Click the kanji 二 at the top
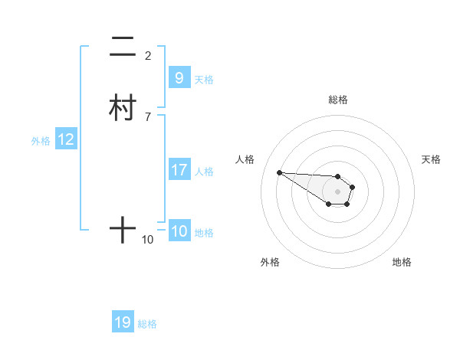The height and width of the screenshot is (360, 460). click(123, 47)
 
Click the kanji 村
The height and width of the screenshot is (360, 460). click(123, 107)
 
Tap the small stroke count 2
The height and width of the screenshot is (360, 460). click(148, 55)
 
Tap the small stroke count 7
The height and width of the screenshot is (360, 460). click(148, 116)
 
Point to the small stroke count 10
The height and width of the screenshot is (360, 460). click(148, 240)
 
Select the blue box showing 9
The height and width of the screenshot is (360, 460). click(179, 77)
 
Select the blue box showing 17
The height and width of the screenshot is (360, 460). click(179, 170)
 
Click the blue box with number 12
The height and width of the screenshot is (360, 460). click(66, 139)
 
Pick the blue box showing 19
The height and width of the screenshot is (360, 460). click(123, 322)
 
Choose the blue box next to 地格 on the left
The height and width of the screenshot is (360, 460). click(179, 231)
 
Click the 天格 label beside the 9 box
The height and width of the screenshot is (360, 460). click(204, 79)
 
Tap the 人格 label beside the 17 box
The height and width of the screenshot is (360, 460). click(204, 172)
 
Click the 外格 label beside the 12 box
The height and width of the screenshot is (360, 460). click(40, 141)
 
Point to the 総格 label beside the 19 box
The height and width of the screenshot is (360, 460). click(147, 324)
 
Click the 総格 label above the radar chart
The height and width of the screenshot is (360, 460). click(337, 100)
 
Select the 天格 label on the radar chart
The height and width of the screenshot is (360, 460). click(431, 159)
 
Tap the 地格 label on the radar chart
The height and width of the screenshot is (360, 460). click(402, 262)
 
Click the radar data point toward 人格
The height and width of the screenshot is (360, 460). click(279, 172)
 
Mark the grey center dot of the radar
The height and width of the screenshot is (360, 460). click(337, 191)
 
